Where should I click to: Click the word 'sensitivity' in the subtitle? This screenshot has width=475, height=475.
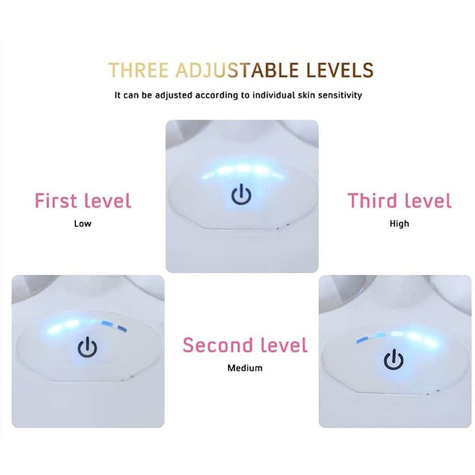339,95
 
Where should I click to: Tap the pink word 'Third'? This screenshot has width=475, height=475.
372,201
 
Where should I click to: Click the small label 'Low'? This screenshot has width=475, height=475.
83,224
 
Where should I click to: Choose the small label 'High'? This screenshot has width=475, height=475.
399,224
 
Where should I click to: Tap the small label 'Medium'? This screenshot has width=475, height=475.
245,368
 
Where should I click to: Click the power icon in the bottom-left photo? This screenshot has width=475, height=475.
87,348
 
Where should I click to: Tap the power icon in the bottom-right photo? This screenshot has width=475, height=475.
392,359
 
